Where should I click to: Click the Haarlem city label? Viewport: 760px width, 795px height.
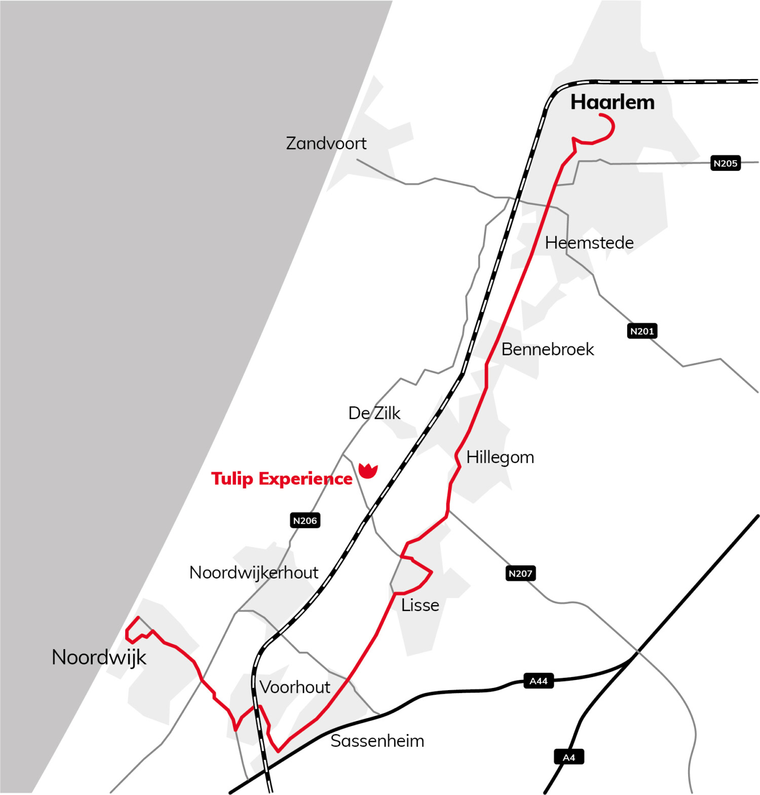coord(612,102)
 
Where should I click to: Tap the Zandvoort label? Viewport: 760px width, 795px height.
coord(326,143)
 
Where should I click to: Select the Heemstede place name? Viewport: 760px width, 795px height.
coord(589,243)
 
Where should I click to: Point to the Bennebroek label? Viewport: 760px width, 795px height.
coord(547,349)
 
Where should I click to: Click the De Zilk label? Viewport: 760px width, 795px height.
coord(374,413)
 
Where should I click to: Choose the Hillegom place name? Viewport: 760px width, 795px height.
coord(500,457)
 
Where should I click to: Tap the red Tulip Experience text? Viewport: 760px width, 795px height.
coord(282,479)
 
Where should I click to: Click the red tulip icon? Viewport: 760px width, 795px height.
coord(368,470)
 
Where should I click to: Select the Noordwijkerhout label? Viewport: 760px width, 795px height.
coord(253,573)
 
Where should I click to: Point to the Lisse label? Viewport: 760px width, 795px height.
coord(420,605)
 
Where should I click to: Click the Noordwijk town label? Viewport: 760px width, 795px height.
coord(99,657)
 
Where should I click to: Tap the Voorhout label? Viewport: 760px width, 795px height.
coord(295,687)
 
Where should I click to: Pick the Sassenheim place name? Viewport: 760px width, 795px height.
coord(377,741)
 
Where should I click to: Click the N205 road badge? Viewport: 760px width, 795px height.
coord(725,163)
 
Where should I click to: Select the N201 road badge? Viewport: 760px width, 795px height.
coord(642,331)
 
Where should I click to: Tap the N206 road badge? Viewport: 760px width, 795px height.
coord(305,520)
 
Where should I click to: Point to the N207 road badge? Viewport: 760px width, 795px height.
coord(520,573)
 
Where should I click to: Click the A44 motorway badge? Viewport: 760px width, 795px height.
coord(538,681)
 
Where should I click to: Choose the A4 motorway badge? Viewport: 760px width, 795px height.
coord(569,758)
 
